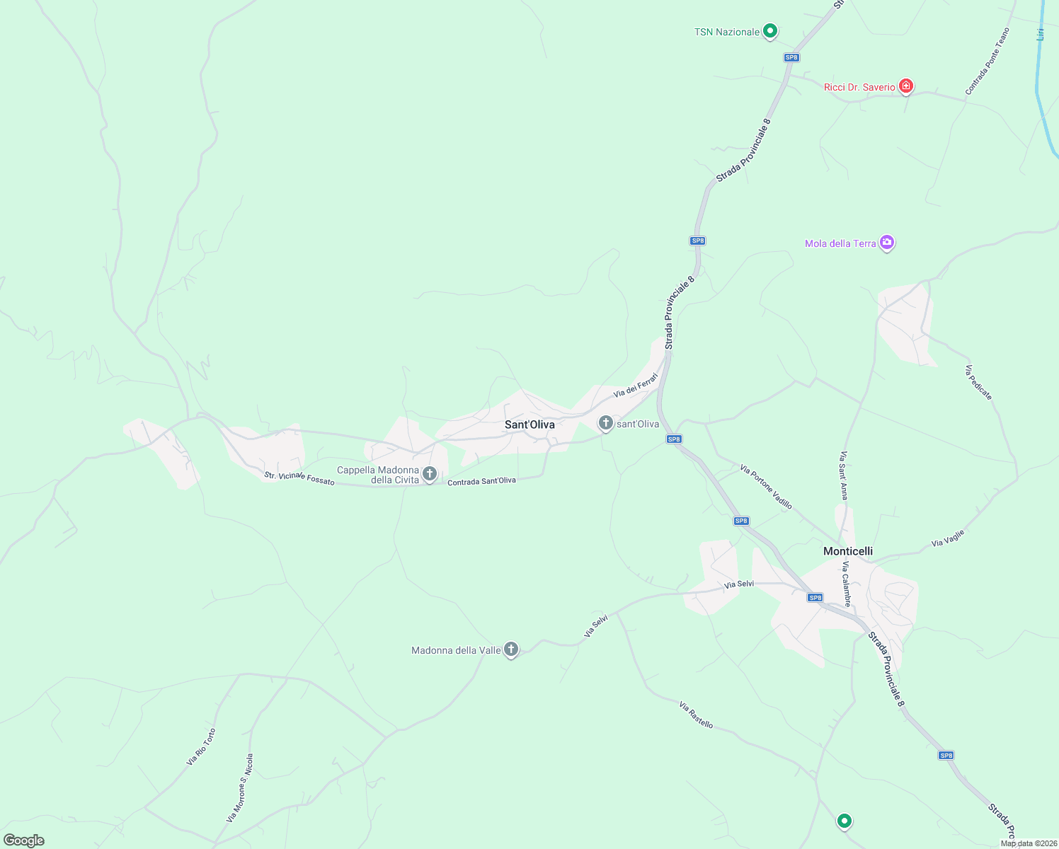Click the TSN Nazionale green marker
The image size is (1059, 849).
(x=770, y=31)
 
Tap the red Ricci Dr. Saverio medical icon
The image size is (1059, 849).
(x=905, y=86)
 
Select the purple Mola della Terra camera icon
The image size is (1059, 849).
(x=886, y=243)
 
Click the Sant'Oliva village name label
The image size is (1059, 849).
(x=529, y=424)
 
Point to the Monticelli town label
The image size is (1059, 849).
(x=847, y=551)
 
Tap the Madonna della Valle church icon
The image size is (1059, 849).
(x=511, y=649)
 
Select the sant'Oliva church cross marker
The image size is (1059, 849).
(x=605, y=423)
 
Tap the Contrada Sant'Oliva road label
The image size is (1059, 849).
(x=481, y=481)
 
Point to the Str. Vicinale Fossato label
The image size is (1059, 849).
(x=299, y=478)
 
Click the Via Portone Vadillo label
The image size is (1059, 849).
(x=766, y=487)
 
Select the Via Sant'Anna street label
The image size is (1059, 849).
(x=843, y=475)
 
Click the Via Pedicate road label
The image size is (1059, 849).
(x=978, y=383)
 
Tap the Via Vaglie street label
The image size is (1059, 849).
(x=948, y=538)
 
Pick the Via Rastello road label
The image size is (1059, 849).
(x=696, y=715)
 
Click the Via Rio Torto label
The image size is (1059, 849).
(x=201, y=747)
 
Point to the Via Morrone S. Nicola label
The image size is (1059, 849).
(x=240, y=787)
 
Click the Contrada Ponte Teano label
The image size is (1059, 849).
(x=988, y=62)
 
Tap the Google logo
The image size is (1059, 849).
(x=24, y=841)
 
